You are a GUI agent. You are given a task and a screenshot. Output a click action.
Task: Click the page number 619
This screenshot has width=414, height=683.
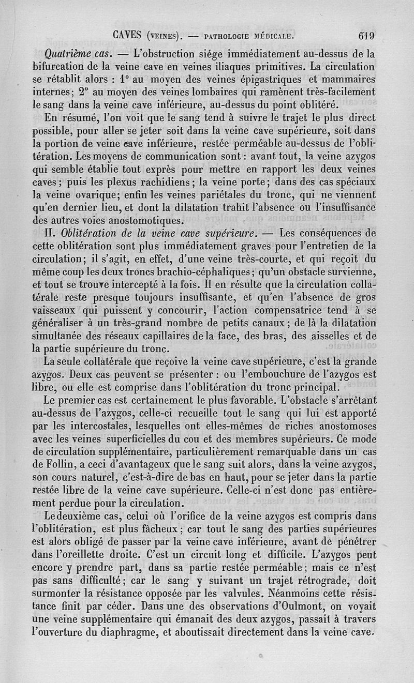coord(366,36)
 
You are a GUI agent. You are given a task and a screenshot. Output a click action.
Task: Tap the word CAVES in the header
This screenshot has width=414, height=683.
coord(128,36)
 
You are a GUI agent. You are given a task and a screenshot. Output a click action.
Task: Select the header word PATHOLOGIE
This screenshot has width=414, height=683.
coord(228,36)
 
